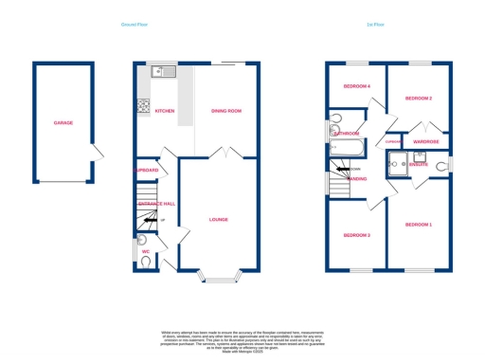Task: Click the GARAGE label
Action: click(63, 123)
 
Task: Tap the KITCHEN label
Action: click(164, 111)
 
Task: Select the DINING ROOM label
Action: click(225, 111)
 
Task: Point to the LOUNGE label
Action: click(219, 219)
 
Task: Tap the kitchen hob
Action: click(144, 105)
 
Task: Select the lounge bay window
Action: click(219, 280)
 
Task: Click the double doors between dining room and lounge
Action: click(219, 153)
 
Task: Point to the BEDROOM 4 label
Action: click(356, 86)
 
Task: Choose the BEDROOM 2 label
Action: click(419, 99)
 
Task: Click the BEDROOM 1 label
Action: click(418, 224)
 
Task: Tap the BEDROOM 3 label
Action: click(356, 234)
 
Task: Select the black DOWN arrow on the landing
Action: click(340, 169)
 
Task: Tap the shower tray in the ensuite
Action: click(397, 164)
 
